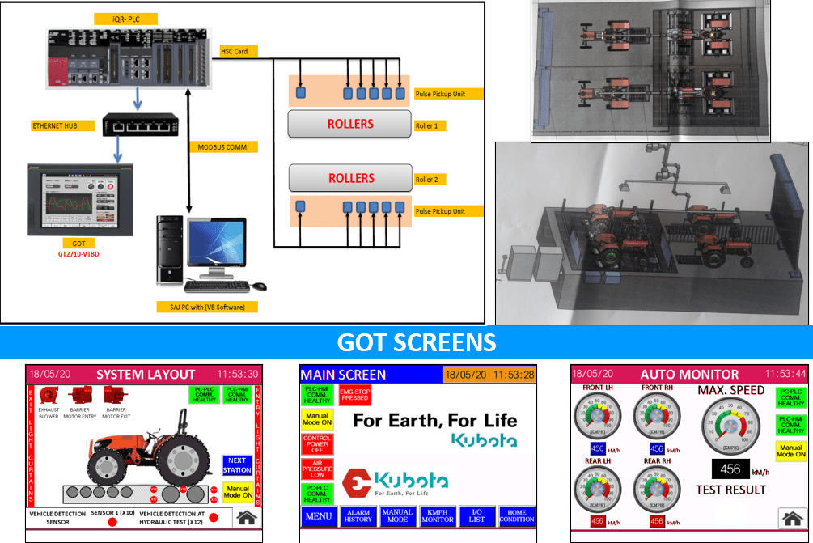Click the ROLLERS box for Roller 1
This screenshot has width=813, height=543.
(350, 124)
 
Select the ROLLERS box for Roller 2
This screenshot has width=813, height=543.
(350, 178)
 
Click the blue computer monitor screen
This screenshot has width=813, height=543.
(215, 248)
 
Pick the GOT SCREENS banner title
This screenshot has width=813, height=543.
(417, 342)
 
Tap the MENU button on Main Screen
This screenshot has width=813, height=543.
(318, 515)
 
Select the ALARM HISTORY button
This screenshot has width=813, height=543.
(358, 515)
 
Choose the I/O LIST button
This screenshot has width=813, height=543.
(477, 515)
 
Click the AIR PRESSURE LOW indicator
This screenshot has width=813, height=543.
(317, 469)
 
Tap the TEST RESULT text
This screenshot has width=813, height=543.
(730, 490)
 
